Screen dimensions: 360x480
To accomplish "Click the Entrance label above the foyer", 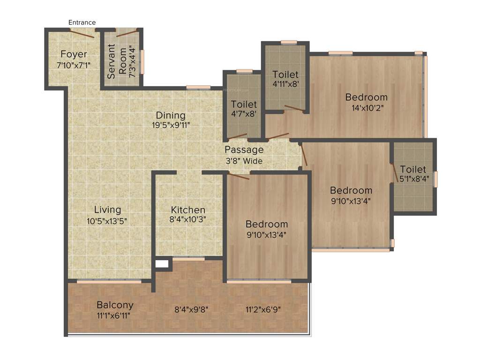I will pyautogui.click(x=82, y=22).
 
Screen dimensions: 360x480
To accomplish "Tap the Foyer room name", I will pyautogui.click(x=74, y=54).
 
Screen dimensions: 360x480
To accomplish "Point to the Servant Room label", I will pyautogui.click(x=116, y=61).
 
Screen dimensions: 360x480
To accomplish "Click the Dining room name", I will pyautogui.click(x=171, y=115).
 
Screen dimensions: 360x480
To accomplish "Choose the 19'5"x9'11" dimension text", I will pyautogui.click(x=171, y=125).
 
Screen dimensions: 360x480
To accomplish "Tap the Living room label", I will pyautogui.click(x=107, y=210).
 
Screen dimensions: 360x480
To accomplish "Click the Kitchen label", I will pyautogui.click(x=188, y=210).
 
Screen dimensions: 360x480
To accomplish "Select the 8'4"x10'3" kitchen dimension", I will pyautogui.click(x=188, y=219).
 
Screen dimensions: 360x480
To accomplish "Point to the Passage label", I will pyautogui.click(x=244, y=150).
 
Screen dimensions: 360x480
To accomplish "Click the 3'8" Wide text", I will pyautogui.click(x=244, y=161).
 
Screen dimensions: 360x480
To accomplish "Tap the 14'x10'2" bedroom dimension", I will pyautogui.click(x=367, y=108).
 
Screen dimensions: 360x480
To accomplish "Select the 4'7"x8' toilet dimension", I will pyautogui.click(x=244, y=114).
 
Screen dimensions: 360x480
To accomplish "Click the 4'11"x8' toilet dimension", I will pyautogui.click(x=285, y=85).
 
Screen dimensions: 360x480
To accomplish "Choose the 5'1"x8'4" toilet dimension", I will pyautogui.click(x=413, y=179).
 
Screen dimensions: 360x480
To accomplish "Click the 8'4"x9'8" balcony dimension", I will pyautogui.click(x=191, y=309).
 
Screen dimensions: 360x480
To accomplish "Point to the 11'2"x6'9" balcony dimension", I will pyautogui.click(x=263, y=309).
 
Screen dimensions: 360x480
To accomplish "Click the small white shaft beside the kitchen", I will pyautogui.click(x=162, y=264).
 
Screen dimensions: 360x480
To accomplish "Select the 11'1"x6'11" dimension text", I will pyautogui.click(x=113, y=315).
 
